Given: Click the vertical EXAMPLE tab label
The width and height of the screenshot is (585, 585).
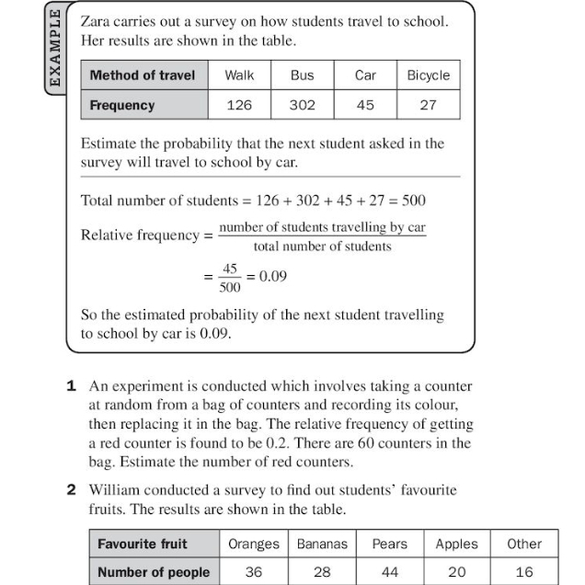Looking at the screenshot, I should pos(55,48).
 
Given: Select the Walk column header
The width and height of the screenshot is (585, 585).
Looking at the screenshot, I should pos(239,75).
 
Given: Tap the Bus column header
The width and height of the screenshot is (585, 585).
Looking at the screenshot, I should pos(302,75).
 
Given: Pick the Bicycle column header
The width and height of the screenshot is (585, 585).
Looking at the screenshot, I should pos(428,75).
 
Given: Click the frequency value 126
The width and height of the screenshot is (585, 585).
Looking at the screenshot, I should pos(239,105).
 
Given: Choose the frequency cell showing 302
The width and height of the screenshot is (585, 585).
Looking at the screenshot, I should pos(302,105).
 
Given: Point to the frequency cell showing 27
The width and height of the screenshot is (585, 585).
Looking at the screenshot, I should pos(428,105).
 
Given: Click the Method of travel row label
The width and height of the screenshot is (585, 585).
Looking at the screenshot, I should pos(143,75).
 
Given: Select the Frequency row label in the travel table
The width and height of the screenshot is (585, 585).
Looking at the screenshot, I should pos(122,105).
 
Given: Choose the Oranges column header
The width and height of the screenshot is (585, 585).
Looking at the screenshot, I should pos(253,544).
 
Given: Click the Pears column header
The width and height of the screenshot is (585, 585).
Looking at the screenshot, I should pos(389,544).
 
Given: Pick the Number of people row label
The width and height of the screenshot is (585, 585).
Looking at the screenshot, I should pos(154,571).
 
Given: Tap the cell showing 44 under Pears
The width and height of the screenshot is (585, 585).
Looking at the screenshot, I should pos(389,571).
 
